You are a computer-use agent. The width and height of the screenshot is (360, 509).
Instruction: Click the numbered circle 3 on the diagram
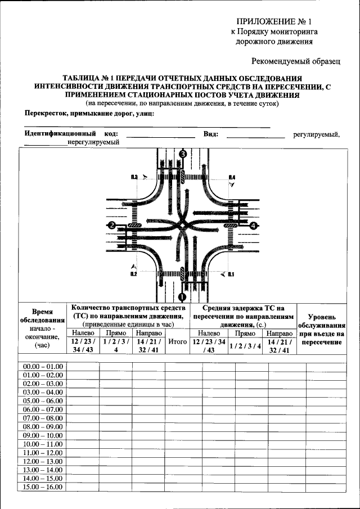[x=183, y=154]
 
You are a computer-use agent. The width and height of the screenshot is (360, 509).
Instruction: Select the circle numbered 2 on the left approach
[x=112, y=226]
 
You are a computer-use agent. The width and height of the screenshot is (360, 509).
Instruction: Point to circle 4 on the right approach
[x=253, y=226]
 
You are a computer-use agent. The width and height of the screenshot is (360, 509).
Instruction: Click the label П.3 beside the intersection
[x=134, y=178]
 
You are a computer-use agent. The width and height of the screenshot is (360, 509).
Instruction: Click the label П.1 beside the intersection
[x=231, y=274]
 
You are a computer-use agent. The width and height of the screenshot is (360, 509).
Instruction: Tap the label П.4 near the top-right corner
[x=232, y=178]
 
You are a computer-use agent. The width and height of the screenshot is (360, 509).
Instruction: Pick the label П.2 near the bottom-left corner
[x=133, y=274]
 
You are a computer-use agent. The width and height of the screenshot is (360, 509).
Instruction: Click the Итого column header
[x=177, y=341]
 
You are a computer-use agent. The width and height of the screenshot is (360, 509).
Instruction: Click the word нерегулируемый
[x=93, y=142]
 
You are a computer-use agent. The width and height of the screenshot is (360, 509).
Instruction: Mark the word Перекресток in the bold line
[x=46, y=113]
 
